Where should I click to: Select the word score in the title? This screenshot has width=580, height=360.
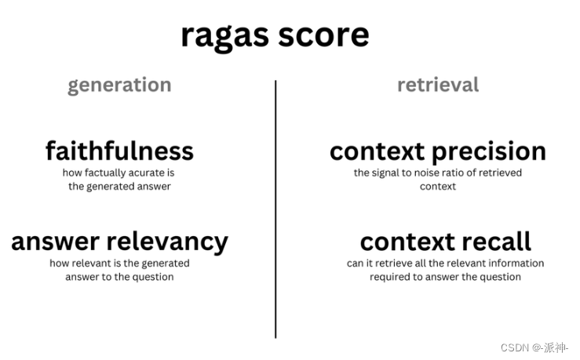click(x=323, y=35)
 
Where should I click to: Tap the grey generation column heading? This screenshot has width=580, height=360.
click(x=119, y=85)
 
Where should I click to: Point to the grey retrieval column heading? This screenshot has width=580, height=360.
click(x=438, y=85)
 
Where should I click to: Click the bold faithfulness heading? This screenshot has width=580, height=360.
click(x=119, y=151)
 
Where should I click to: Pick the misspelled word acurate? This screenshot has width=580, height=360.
click(x=146, y=173)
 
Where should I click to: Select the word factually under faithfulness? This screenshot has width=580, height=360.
click(x=105, y=173)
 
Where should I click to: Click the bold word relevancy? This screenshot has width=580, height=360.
click(x=167, y=242)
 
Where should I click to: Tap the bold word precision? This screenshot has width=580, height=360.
click(x=489, y=151)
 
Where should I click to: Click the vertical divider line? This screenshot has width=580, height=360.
click(x=275, y=209)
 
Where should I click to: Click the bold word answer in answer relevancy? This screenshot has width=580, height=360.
click(x=56, y=242)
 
